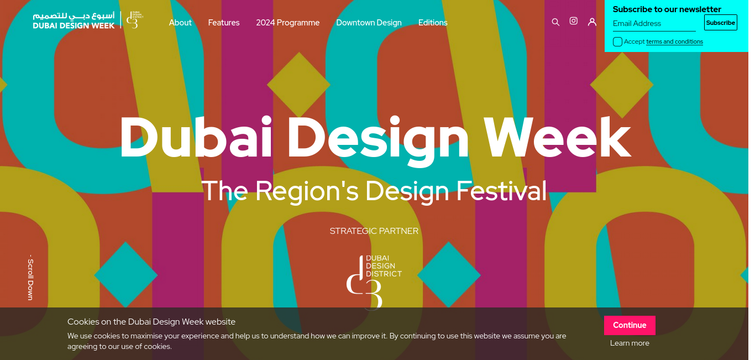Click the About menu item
coord(180,23)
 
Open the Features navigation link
coord(223,23)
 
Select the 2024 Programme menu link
coord(287,23)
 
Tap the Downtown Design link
coord(369,23)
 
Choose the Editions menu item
coord(433,23)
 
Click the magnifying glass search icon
coord(555,22)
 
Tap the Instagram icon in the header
coord(573,21)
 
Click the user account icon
coord(592,22)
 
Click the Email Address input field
coord(654,24)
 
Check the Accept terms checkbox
coord(617,42)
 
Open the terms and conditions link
coord(674,42)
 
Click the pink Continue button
coord(630,325)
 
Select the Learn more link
coord(630,343)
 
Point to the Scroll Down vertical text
coord(30,278)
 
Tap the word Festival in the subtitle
coord(501,191)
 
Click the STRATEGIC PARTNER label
coord(374,231)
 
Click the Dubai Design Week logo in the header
coord(88,20)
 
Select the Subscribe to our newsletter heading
coord(667,9)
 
